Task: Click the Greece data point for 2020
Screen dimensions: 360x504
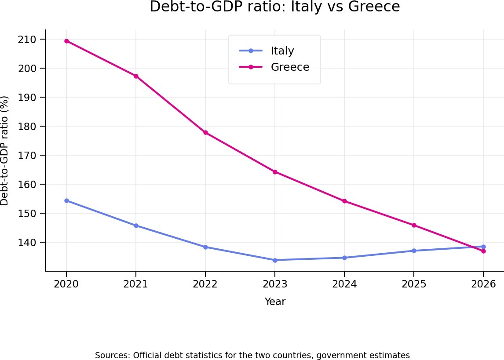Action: point(66,41)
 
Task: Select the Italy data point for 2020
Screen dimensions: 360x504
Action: point(66,200)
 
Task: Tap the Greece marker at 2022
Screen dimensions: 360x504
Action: point(205,133)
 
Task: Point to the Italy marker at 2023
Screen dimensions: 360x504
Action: point(275,260)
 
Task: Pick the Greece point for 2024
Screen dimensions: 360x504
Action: point(344,201)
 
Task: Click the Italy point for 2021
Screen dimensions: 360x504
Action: point(136,225)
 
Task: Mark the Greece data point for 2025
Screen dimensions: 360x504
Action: point(414,225)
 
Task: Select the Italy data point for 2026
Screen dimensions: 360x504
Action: point(483,247)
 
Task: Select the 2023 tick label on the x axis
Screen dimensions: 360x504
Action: point(275,284)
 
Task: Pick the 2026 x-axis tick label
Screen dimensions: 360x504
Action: point(483,284)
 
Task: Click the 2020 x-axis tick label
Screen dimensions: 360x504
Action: point(66,284)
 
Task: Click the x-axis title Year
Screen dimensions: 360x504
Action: point(275,302)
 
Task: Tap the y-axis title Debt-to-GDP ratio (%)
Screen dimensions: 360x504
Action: point(5,150)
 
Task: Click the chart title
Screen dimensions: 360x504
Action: point(275,7)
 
